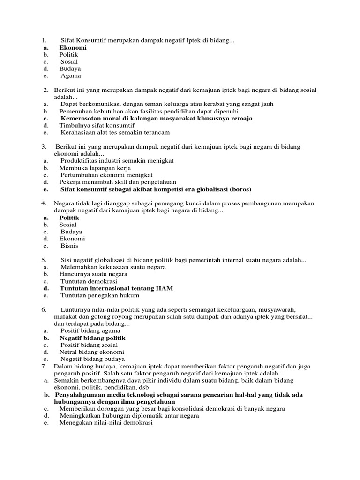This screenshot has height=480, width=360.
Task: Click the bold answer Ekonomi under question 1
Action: point(73,47)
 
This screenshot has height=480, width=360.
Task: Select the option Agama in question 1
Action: point(70,75)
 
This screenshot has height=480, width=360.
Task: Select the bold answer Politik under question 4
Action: point(69,217)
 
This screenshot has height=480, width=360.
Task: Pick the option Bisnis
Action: point(69,246)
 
